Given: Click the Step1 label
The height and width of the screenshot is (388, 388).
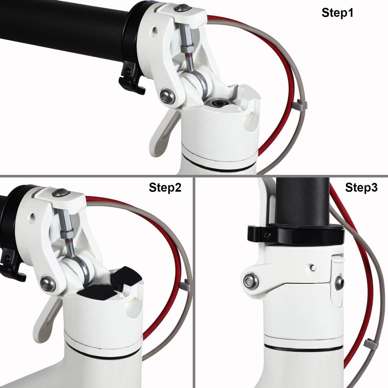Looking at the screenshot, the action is pos(337,13).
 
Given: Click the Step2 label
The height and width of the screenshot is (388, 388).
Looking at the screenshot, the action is pos(165,188).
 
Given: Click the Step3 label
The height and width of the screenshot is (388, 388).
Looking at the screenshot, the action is pos(361,188).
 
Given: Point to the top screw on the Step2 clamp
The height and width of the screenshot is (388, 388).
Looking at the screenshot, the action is pos(61,193).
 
